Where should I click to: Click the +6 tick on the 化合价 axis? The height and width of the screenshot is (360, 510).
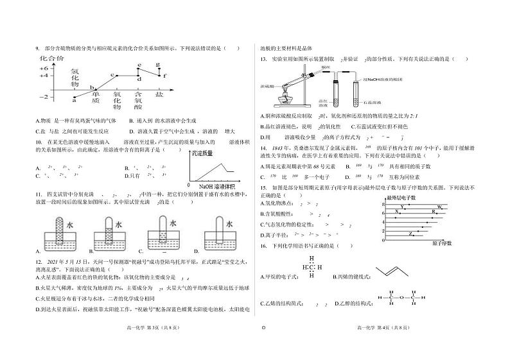(44, 67)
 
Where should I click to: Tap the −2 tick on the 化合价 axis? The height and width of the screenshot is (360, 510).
(44, 96)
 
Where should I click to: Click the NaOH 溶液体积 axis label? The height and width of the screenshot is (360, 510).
(222, 187)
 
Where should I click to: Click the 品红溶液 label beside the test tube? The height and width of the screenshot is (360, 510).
(319, 104)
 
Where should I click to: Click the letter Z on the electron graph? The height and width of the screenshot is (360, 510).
(410, 234)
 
